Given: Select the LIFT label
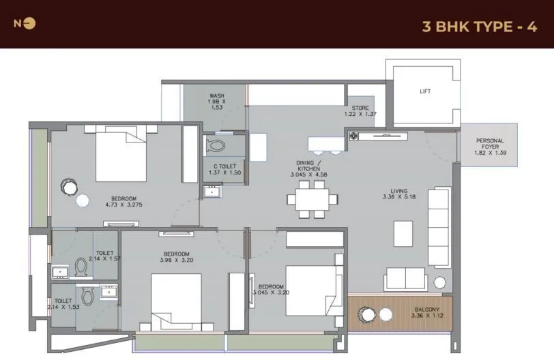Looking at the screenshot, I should pos(425,91).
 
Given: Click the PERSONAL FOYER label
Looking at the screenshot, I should pos(490,147).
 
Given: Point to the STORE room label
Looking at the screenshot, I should pos(360,110).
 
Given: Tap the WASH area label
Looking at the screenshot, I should pos(217,102).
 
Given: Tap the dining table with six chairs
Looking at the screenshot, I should pos(312,199).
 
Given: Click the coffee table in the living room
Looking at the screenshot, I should pos(404,234).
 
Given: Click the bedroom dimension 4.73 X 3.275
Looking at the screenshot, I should pos(123,203).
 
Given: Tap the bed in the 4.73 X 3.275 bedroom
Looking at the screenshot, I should pos(121,155).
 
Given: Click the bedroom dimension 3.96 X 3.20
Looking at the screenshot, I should pos(177,259).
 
